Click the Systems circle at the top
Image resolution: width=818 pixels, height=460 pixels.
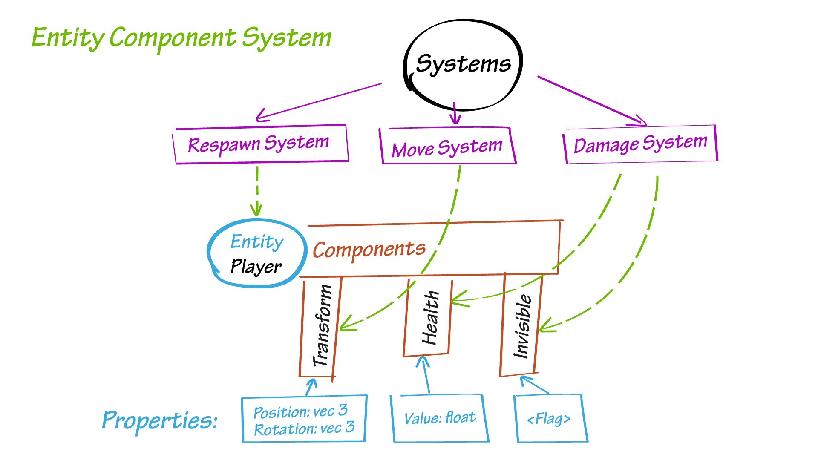coord(463,64)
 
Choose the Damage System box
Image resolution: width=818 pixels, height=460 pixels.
coord(640,144)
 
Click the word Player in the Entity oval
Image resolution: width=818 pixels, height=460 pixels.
coord(256,267)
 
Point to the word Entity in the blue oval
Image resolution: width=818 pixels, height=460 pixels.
coord(257,242)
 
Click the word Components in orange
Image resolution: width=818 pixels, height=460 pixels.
coord(369,249)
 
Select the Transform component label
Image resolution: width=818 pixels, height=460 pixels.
coord(322,326)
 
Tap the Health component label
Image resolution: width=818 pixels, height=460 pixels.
coord(430,317)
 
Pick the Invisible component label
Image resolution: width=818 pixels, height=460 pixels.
coord(522,326)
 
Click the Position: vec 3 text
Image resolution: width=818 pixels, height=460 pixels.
coord(300,411)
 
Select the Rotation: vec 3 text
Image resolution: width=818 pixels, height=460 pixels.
coord(304,428)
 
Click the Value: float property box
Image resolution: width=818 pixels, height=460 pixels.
coord(440,418)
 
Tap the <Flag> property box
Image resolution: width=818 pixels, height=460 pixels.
coord(549,419)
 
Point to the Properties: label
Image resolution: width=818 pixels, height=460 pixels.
coord(160,421)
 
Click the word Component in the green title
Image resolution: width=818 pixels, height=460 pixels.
coord(173,37)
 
